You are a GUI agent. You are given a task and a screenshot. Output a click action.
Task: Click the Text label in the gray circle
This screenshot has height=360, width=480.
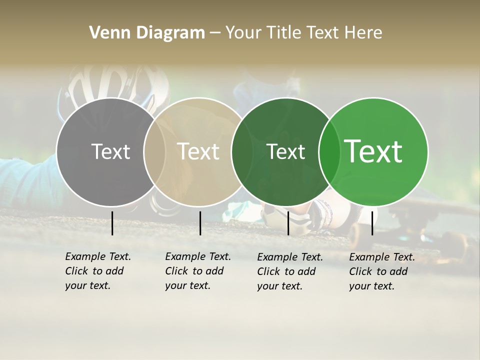pyautogui.click(x=110, y=151)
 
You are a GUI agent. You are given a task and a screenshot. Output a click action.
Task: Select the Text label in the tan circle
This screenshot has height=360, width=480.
pyautogui.click(x=198, y=151)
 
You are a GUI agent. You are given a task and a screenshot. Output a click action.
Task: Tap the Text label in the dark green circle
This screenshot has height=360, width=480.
pyautogui.click(x=285, y=151)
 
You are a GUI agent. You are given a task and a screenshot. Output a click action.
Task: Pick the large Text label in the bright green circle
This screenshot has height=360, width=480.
pyautogui.click(x=373, y=151)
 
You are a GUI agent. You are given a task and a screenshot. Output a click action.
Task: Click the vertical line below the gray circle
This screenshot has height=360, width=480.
pyautogui.click(x=112, y=223)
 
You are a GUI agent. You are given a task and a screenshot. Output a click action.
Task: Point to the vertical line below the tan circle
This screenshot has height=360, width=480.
pyautogui.click(x=200, y=223)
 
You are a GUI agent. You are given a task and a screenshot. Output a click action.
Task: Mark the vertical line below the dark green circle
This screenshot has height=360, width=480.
pyautogui.click(x=288, y=223)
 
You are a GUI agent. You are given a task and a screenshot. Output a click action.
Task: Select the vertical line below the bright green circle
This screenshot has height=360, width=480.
pyautogui.click(x=372, y=223)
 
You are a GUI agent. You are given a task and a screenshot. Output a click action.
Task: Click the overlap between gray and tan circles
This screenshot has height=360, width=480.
pyautogui.click(x=154, y=152)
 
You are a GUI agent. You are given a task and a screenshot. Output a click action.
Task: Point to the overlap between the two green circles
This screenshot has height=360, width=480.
pyautogui.click(x=327, y=152)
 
